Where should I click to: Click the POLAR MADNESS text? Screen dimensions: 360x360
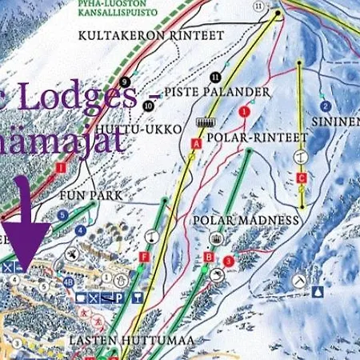(x=246, y=220)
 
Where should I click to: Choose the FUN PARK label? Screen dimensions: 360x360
(x=83, y=194)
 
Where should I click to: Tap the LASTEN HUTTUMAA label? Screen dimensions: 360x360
(x=119, y=340)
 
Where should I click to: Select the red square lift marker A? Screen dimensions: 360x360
(x=195, y=142)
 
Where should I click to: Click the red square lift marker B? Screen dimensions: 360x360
(x=209, y=258)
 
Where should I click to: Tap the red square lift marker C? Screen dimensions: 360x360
(x=302, y=178)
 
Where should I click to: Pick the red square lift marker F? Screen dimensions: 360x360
(x=144, y=257)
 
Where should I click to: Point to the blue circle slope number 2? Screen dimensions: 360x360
(x=326, y=106)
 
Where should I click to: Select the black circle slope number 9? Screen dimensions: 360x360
(x=124, y=81)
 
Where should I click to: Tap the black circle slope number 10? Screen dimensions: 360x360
(x=150, y=105)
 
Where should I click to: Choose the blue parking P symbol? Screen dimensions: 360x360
(x=118, y=298)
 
